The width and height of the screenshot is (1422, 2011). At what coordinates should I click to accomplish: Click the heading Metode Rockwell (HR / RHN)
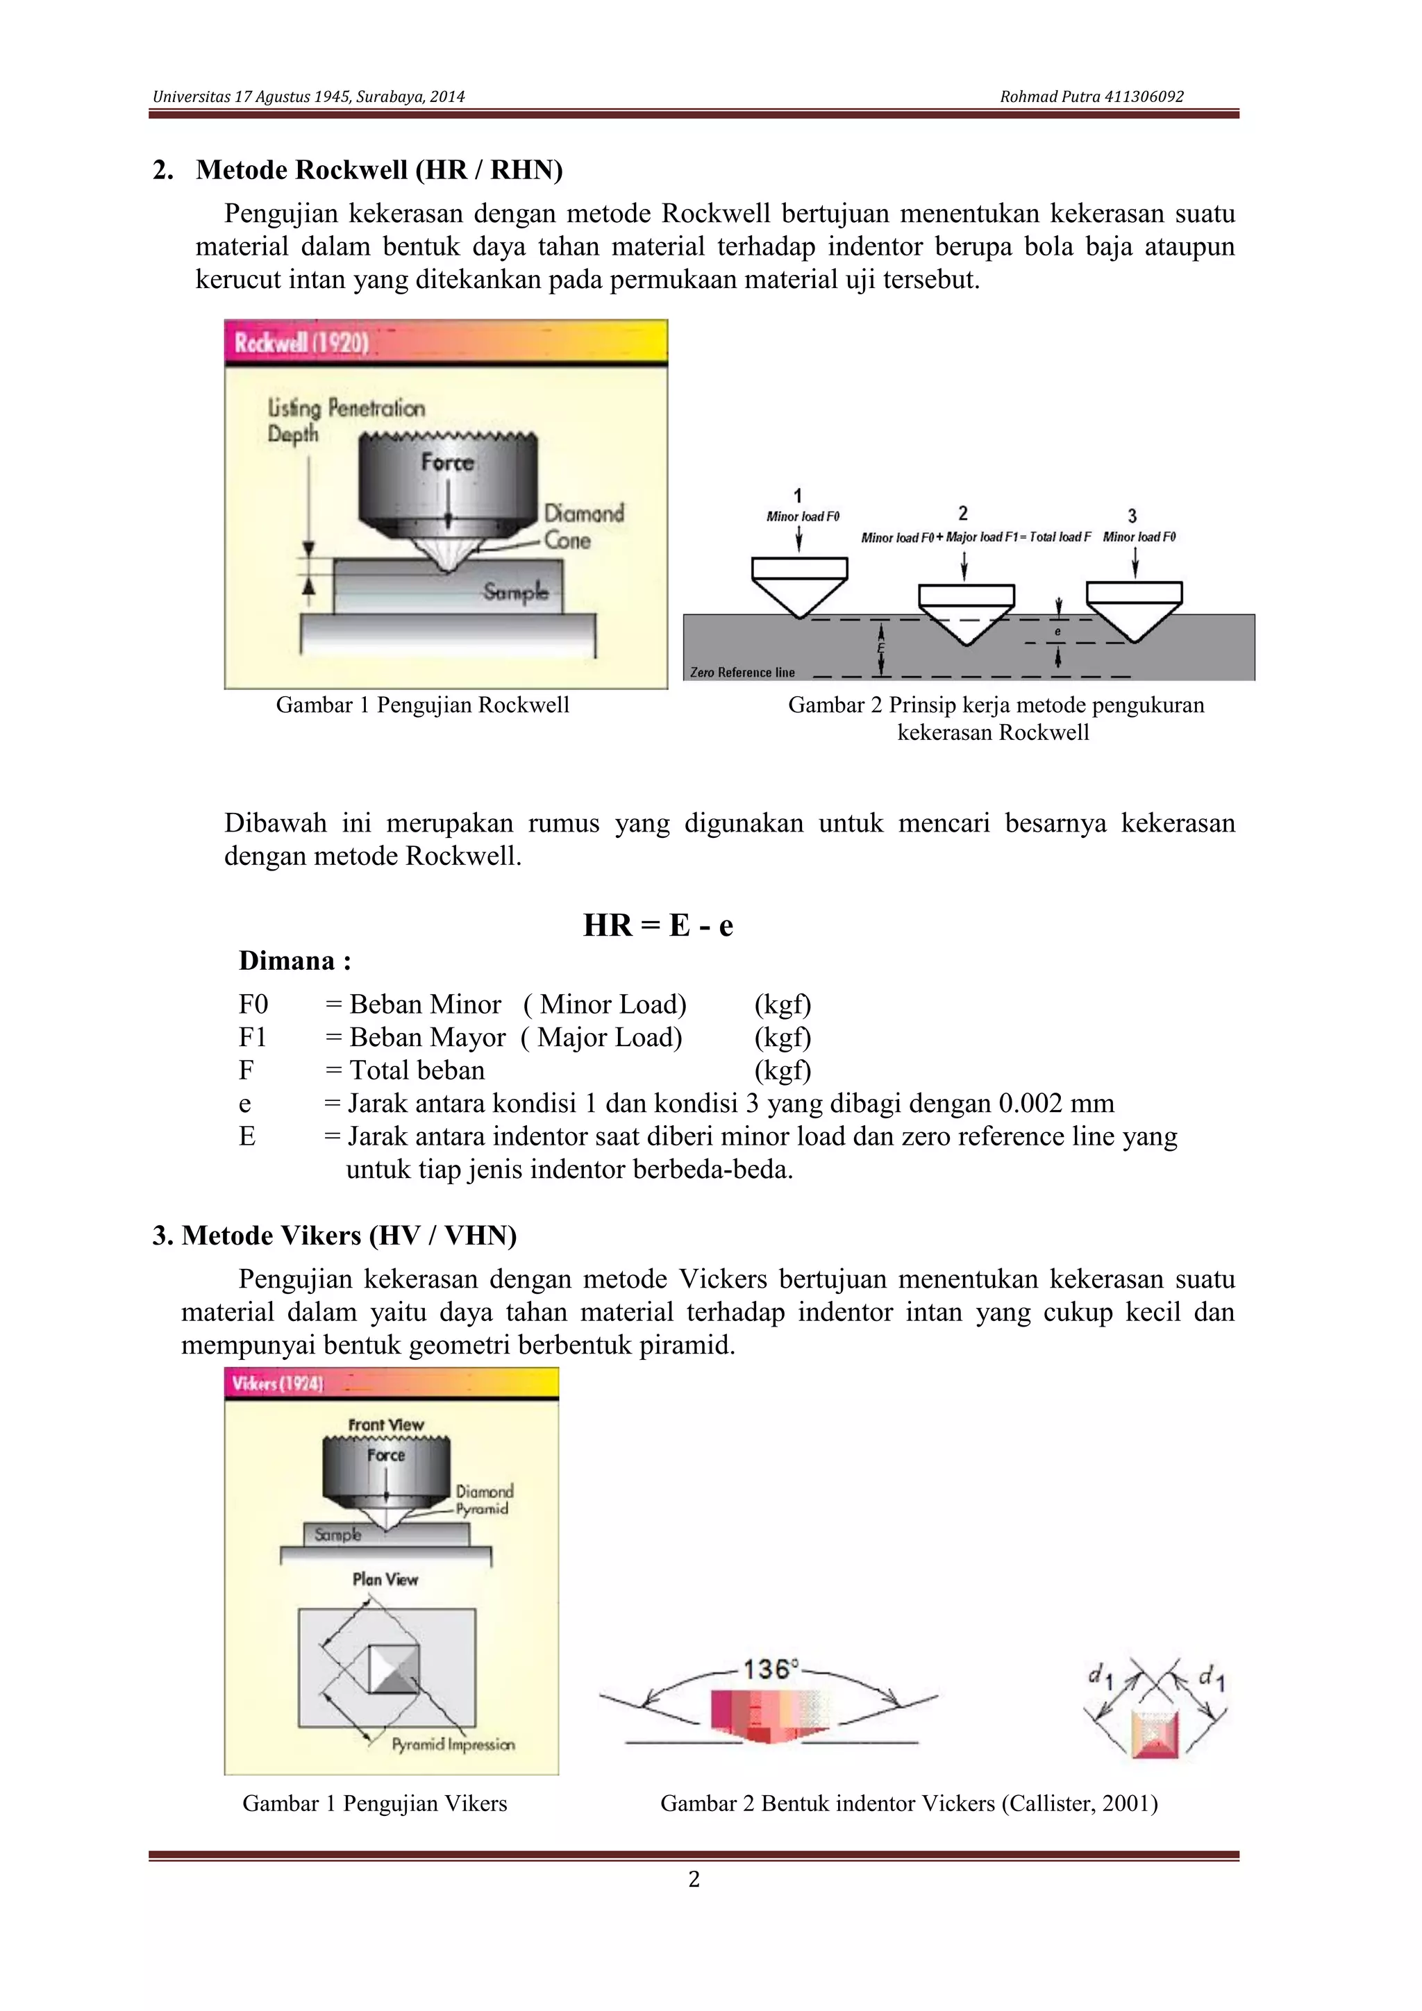378,169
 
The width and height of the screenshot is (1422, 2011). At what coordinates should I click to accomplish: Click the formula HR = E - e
658,925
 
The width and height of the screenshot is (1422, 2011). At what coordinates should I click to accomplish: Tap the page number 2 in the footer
694,1878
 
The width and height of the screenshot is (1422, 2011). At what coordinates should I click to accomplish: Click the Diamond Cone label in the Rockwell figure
583,525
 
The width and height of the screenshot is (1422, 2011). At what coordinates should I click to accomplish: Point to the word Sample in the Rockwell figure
515,592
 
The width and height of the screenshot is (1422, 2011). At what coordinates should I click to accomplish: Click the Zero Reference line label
742,673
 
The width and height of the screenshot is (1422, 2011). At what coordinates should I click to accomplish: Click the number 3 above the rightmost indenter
1132,516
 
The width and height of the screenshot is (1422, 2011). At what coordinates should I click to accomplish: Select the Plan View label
385,1579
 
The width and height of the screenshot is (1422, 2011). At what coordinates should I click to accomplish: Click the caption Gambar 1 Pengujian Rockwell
422,705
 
